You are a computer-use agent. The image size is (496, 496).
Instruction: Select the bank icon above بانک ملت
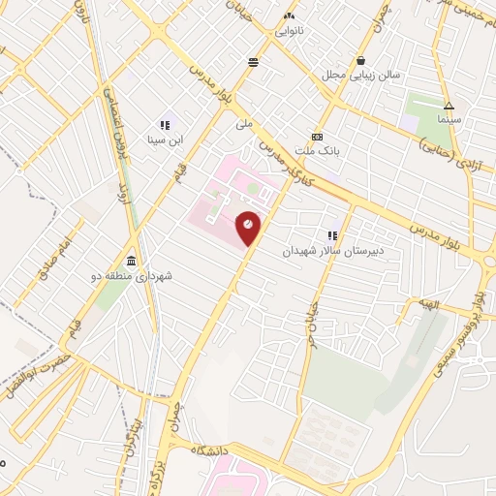[x=317, y=137]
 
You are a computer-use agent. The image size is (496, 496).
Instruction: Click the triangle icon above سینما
[x=449, y=106]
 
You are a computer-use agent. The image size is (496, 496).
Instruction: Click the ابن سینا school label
[x=164, y=139]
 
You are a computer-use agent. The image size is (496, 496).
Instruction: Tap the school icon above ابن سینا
[x=164, y=125]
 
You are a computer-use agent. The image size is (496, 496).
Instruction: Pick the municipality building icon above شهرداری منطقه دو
[x=132, y=262]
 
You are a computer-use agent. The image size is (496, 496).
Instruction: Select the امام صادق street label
[x=56, y=260]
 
